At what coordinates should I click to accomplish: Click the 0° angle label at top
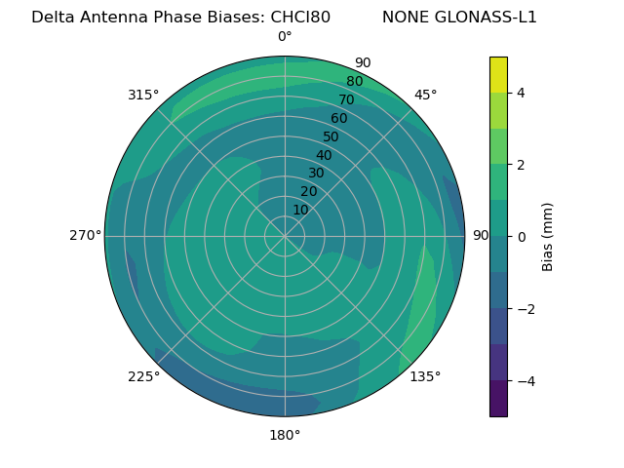pyautogui.click(x=285, y=37)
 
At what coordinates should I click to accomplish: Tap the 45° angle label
pyautogui.click(x=425, y=95)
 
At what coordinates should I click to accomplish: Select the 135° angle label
pyautogui.click(x=425, y=376)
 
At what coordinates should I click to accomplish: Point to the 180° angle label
pyautogui.click(x=285, y=435)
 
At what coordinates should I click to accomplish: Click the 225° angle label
pyautogui.click(x=143, y=377)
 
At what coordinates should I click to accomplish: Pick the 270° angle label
pyautogui.click(x=85, y=235)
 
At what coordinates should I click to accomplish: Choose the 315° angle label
pyautogui.click(x=143, y=95)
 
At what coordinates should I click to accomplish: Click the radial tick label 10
pyautogui.click(x=300, y=210)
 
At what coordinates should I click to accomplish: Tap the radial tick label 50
pyautogui.click(x=331, y=137)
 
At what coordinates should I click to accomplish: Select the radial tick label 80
pyautogui.click(x=355, y=81)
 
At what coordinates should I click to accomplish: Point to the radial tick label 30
pyautogui.click(x=316, y=174)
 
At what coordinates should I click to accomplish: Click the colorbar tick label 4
pyautogui.click(x=521, y=93)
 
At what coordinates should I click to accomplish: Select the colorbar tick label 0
pyautogui.click(x=521, y=237)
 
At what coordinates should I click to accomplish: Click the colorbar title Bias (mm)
pyautogui.click(x=548, y=237)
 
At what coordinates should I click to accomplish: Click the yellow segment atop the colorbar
pyautogui.click(x=498, y=74)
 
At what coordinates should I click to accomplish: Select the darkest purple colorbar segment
pyautogui.click(x=498, y=399)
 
